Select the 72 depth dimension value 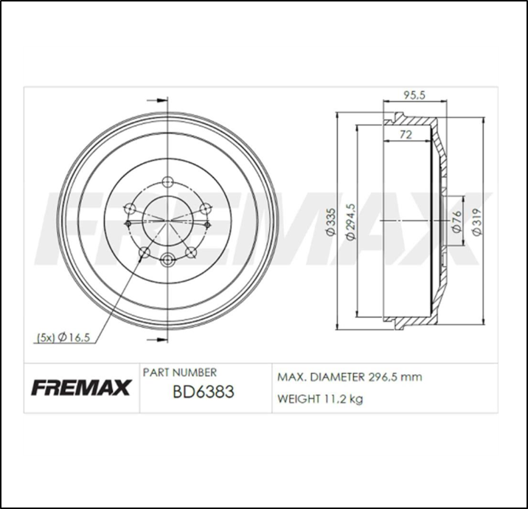tap(405, 134)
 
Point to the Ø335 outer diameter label tap(331, 222)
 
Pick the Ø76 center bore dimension tap(456, 222)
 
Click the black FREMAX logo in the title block tap(80, 387)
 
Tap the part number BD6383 tap(203, 392)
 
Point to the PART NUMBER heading tap(179, 373)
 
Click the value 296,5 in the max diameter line tap(383, 377)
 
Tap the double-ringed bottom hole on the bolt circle tap(167, 259)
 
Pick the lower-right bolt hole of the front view tap(192, 253)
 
